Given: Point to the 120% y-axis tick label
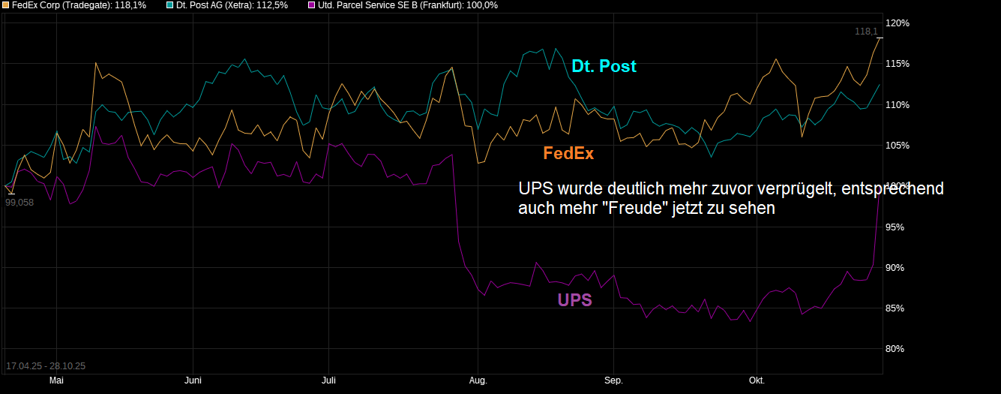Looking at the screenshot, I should coord(897,23).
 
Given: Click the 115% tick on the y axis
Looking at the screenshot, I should coord(897,64).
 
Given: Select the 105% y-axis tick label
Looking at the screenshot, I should coord(897,146).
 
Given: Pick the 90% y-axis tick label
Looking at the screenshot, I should coord(897,268).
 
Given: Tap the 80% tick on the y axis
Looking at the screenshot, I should coord(897,349).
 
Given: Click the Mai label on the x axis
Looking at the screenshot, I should coord(55,381).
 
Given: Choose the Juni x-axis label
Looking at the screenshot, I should coord(193,381).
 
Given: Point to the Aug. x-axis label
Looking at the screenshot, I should coord(478,381).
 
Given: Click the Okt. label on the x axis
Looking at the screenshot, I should coord(757,381).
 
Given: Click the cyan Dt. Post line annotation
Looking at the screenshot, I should coord(604,66).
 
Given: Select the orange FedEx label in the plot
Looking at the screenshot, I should coord(568,153).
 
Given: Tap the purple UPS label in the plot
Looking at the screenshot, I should coord(574,300).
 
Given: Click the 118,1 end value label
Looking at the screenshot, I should coord(866,32).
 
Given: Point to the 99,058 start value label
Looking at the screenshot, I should coord(19,202).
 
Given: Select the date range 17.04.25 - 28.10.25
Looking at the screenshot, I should coord(46,366).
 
